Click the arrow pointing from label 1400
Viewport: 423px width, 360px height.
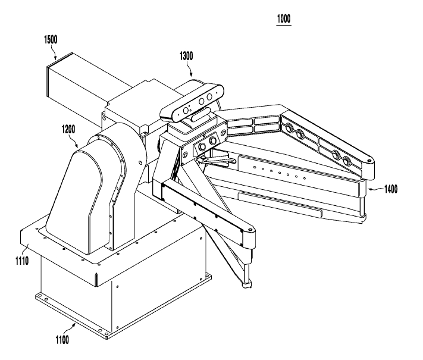click(x=372, y=189)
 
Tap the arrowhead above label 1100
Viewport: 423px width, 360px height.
click(x=74, y=325)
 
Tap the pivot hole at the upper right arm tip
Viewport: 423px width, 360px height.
click(x=369, y=161)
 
